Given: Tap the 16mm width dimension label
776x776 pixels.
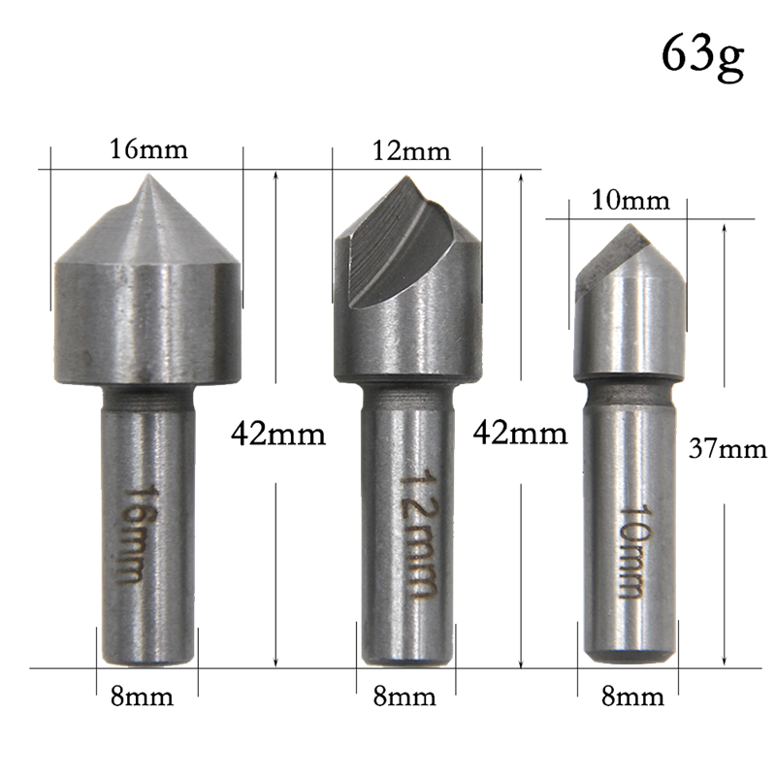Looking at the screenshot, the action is point(148,148).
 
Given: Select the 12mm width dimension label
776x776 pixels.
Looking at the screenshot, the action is point(411,150).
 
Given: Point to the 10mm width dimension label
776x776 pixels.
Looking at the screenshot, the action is point(630,201).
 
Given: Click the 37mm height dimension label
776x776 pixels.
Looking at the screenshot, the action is point(727,449).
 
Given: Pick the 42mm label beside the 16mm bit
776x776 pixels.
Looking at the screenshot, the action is point(278,434).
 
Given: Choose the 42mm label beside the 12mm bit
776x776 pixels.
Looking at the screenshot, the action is point(520,433).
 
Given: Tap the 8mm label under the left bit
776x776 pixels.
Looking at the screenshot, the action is point(142,696).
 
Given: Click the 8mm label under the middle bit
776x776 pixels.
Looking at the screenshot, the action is point(404,696).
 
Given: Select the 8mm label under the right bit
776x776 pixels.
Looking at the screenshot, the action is point(632,696).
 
